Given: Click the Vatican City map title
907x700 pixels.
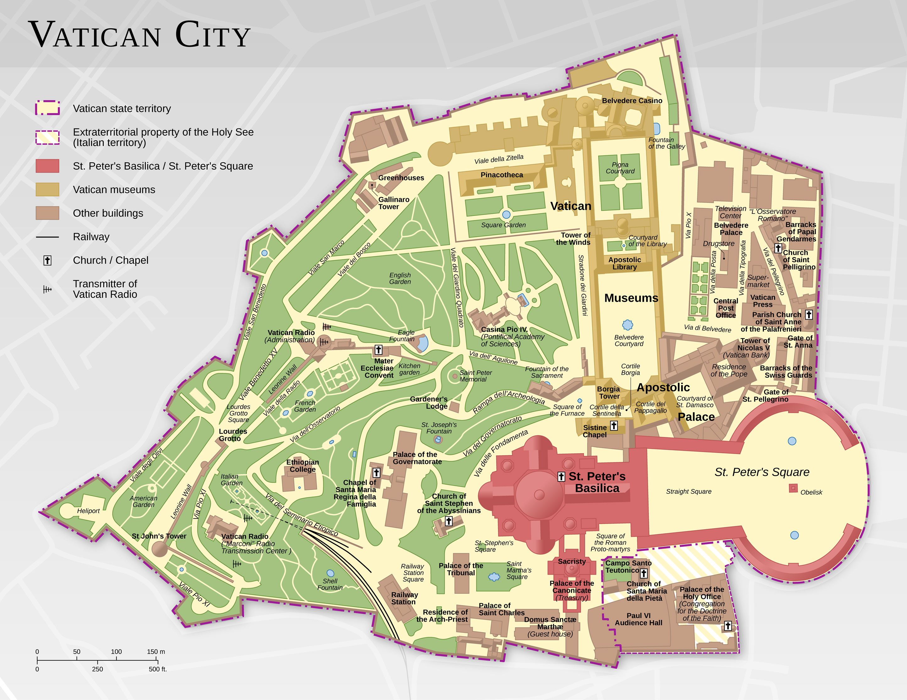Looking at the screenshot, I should click(139, 35).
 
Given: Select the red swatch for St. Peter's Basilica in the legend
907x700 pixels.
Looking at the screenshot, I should click(47, 166).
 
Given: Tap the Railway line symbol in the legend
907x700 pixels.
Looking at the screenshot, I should click(47, 237).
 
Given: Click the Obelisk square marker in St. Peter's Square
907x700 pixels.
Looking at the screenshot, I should click(793, 488).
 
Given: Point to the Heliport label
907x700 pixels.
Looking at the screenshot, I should click(88, 511).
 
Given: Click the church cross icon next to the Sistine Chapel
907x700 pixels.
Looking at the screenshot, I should click(613, 426).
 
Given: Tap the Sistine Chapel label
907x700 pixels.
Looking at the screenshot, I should click(595, 431).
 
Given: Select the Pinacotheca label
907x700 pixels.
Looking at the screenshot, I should click(502, 175).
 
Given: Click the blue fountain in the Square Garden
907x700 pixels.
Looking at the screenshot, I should click(506, 215).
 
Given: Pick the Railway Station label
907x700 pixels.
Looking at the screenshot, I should click(404, 598).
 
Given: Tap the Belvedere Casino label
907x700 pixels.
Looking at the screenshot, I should click(632, 100).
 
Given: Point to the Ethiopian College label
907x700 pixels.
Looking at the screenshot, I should click(302, 466).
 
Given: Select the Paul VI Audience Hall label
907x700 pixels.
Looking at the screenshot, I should click(638, 619).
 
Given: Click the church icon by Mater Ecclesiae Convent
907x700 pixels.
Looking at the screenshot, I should click(378, 350).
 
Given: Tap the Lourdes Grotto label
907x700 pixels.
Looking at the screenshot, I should click(233, 435).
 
